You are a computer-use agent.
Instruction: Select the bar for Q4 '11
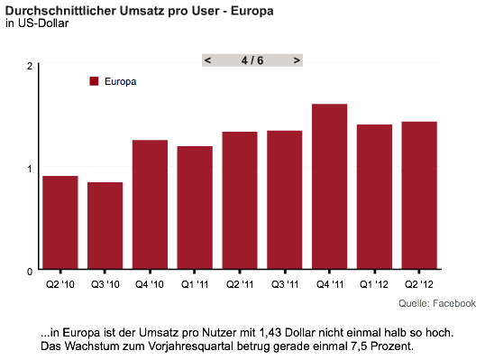(329, 187)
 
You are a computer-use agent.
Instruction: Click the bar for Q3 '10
(105, 226)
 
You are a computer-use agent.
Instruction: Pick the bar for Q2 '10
(60, 223)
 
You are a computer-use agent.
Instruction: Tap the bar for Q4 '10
(150, 204)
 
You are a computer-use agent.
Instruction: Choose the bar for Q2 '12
(419, 195)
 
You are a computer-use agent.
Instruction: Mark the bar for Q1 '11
(195, 208)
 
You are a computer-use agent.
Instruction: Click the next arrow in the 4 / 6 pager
(297, 60)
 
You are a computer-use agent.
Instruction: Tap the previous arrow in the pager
(208, 60)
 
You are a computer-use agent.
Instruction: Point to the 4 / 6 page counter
(252, 60)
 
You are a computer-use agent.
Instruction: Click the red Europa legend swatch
(94, 81)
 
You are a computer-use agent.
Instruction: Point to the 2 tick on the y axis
(30, 66)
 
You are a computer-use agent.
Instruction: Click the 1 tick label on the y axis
(30, 169)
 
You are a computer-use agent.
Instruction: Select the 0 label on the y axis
(30, 272)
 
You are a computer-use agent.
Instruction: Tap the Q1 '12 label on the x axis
(374, 284)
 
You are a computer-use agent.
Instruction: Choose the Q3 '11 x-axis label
(285, 284)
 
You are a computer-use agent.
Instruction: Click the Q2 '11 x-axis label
(240, 284)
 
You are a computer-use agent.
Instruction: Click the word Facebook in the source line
(454, 303)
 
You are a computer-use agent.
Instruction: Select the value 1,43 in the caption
(270, 333)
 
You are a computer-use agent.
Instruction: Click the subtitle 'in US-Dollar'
(37, 23)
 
